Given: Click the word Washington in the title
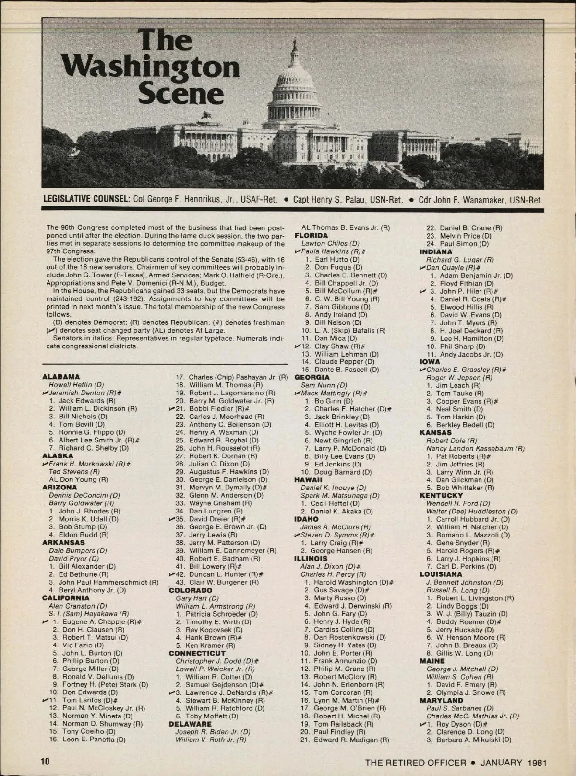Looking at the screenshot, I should pos(151,68).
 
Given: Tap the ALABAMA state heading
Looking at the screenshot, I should pos(61,377).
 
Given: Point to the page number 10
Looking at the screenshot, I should pos(45,762).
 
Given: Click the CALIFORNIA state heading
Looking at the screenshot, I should pos(66,598).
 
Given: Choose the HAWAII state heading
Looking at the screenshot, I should pos(308,480).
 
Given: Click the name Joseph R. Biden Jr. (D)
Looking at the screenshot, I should pos(213,732).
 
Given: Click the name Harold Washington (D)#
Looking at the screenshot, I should pos(353,582).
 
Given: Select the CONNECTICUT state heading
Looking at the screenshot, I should pos(197,653).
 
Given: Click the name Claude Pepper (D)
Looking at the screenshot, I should pos(344,362).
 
